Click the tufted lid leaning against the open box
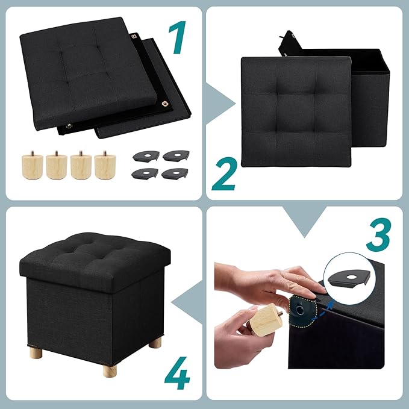[295, 111]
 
